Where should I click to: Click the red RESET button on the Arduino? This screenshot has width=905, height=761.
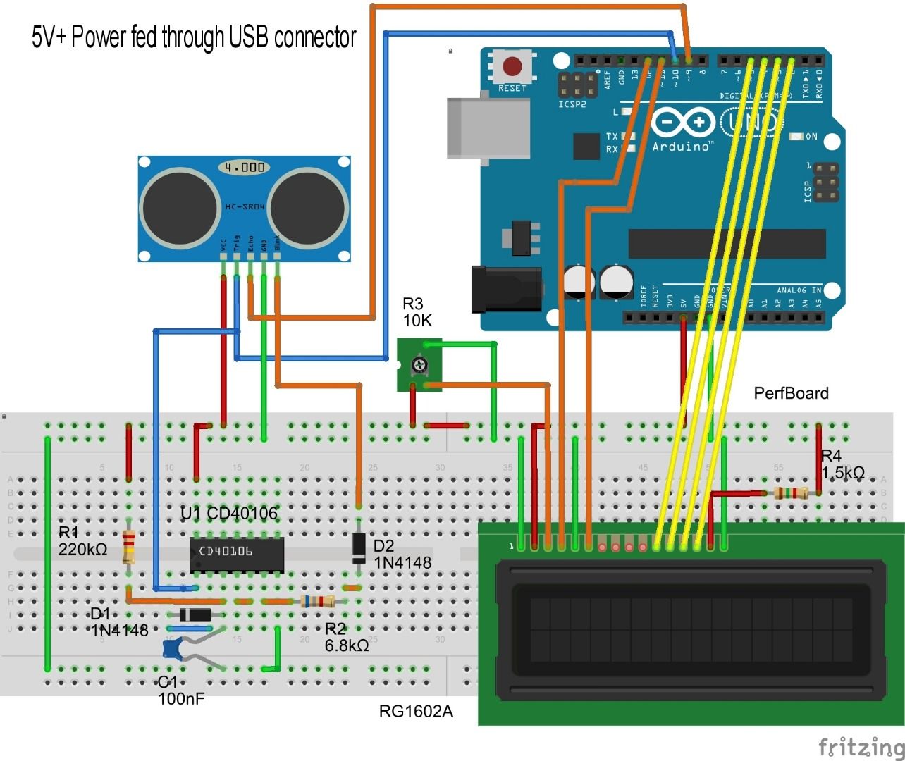point(512,67)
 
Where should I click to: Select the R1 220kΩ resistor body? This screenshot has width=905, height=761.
point(128,547)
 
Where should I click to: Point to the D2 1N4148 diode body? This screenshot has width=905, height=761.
point(359,547)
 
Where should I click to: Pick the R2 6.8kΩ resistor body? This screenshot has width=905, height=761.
point(317,601)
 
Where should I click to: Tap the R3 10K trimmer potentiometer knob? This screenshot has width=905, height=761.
point(419,364)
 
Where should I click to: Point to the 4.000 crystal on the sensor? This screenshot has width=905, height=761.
point(244,167)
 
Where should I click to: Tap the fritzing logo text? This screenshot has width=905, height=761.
point(861,746)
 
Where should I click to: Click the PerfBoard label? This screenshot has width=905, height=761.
point(791,393)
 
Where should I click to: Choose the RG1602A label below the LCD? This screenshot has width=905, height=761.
point(416,711)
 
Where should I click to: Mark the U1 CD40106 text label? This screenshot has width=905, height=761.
point(229,513)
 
